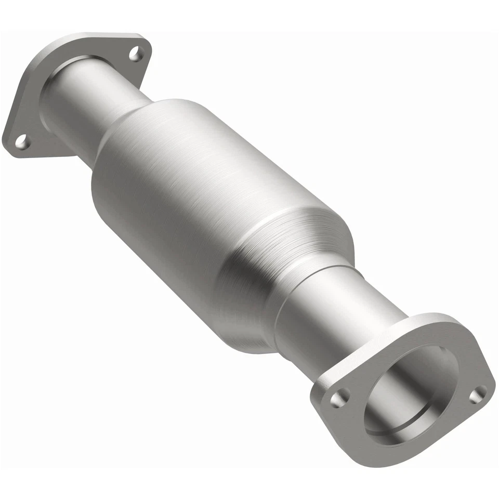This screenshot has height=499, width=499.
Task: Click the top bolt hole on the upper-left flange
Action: click(136, 53)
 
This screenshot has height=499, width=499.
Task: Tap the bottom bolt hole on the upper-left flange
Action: click(21, 140)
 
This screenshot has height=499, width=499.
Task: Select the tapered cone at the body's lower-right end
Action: click(296, 249)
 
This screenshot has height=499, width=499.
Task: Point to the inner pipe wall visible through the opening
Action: click(416, 379)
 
